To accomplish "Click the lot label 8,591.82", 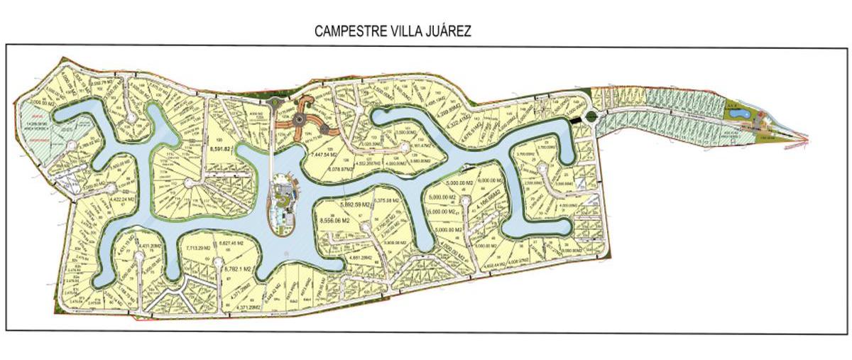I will point(221,148).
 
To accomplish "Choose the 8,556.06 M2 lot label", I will point(337,221).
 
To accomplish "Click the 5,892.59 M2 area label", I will point(356,204).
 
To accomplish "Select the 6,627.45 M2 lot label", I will point(234,245).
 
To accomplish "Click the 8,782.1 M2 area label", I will point(237,270).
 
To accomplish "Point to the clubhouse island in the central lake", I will point(284,206).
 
